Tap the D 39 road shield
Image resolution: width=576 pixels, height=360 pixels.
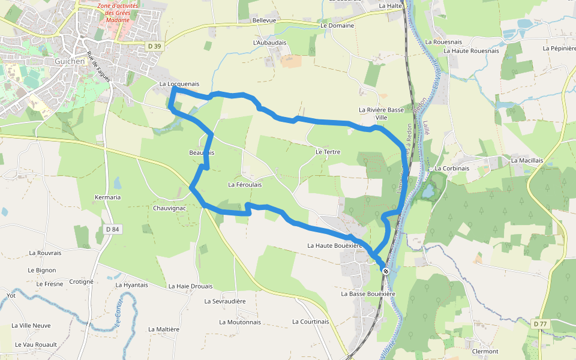tap(155, 46)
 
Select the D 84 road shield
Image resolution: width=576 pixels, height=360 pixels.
tap(112, 229)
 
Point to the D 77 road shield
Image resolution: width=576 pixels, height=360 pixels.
tap(540, 324)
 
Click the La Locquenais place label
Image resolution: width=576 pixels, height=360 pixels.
tap(179, 84)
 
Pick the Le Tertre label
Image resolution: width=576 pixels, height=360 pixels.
tap(328, 152)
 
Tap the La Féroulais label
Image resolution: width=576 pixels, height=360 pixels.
tap(245, 185)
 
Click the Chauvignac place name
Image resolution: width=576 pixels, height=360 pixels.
tap(170, 208)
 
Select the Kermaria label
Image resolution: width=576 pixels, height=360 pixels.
tap(108, 197)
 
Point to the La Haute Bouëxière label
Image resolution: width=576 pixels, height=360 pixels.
tap(335, 245)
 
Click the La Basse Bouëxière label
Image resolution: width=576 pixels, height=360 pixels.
tap(368, 294)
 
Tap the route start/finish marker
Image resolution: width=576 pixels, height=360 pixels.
tap(386, 271)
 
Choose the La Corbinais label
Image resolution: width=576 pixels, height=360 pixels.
tap(452, 169)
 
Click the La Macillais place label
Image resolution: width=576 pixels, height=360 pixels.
tap(527, 161)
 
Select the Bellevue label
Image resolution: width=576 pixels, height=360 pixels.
tap(264, 20)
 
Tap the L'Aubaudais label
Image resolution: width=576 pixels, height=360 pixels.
tap(270, 43)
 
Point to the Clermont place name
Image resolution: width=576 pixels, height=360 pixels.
tap(485, 352)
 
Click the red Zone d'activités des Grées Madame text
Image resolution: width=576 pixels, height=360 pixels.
tap(118, 13)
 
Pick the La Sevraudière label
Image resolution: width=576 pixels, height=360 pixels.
tap(225, 301)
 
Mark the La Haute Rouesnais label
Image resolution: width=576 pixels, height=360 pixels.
tap(471, 51)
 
